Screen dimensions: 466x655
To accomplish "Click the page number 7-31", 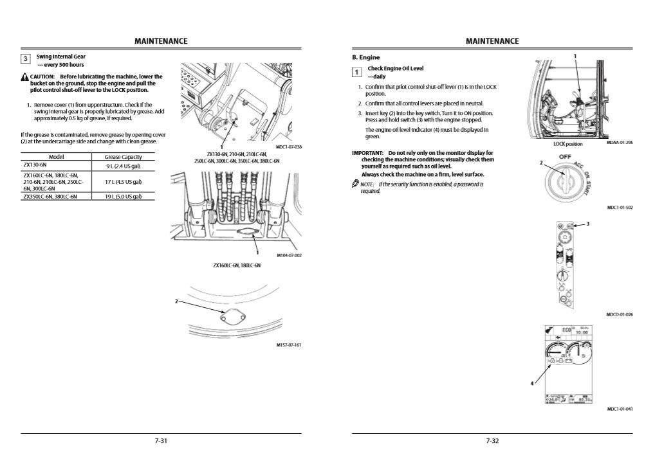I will pyautogui.click(x=161, y=441).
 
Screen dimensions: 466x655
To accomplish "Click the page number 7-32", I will pyautogui.click(x=492, y=441).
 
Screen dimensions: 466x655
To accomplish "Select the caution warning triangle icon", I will pyautogui.click(x=24, y=77).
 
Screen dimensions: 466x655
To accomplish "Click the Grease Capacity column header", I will pyautogui.click(x=123, y=157).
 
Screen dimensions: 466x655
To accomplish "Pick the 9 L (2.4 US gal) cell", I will pyautogui.click(x=123, y=166).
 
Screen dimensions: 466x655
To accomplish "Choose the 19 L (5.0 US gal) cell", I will pyautogui.click(x=123, y=197).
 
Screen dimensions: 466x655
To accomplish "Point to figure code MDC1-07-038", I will pyautogui.click(x=288, y=147).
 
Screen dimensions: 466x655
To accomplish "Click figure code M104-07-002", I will pyautogui.click(x=289, y=255).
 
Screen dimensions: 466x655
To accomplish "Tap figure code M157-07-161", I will pyautogui.click(x=289, y=345).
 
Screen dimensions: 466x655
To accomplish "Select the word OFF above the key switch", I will pyautogui.click(x=565, y=157).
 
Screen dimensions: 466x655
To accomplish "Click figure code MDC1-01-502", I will pyautogui.click(x=620, y=208).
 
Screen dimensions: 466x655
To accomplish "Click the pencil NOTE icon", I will pyautogui.click(x=355, y=184).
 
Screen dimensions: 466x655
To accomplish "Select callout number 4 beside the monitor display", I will pyautogui.click(x=531, y=383).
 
